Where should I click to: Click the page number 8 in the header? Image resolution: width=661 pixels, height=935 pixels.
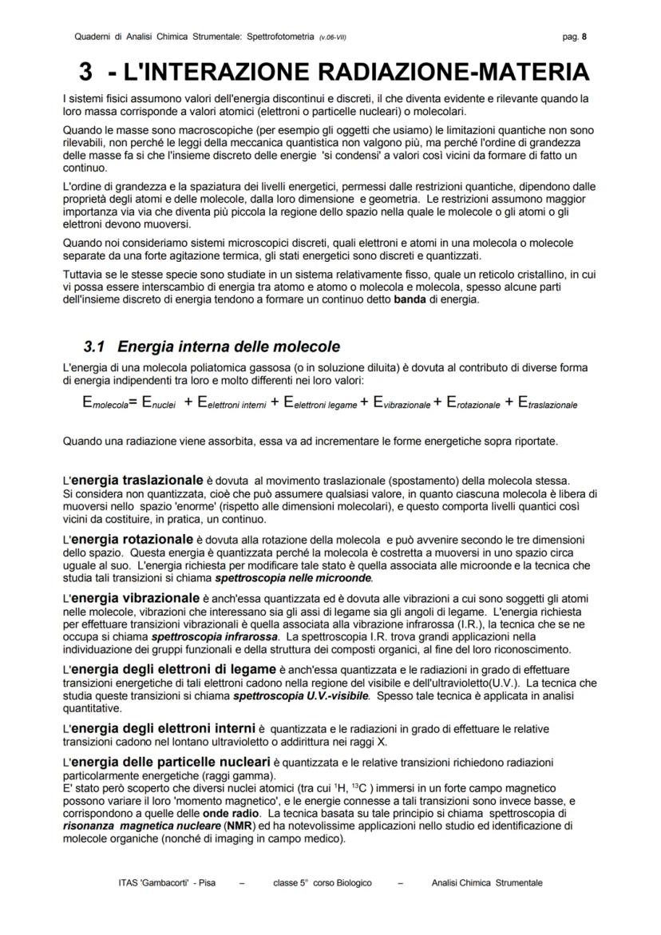[x=584, y=37]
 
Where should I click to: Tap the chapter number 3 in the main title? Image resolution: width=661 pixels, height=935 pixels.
[x=85, y=73]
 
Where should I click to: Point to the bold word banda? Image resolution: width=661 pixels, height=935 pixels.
[x=410, y=299]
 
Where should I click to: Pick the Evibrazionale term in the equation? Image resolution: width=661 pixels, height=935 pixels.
[x=397, y=404]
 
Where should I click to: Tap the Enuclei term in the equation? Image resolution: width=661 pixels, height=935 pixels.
[x=159, y=404]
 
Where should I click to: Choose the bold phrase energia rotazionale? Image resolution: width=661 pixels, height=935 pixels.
[x=133, y=539]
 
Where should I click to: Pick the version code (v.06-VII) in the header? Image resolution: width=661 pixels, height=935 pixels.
[x=332, y=38]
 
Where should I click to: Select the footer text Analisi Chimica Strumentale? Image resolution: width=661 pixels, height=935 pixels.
[x=487, y=882]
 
